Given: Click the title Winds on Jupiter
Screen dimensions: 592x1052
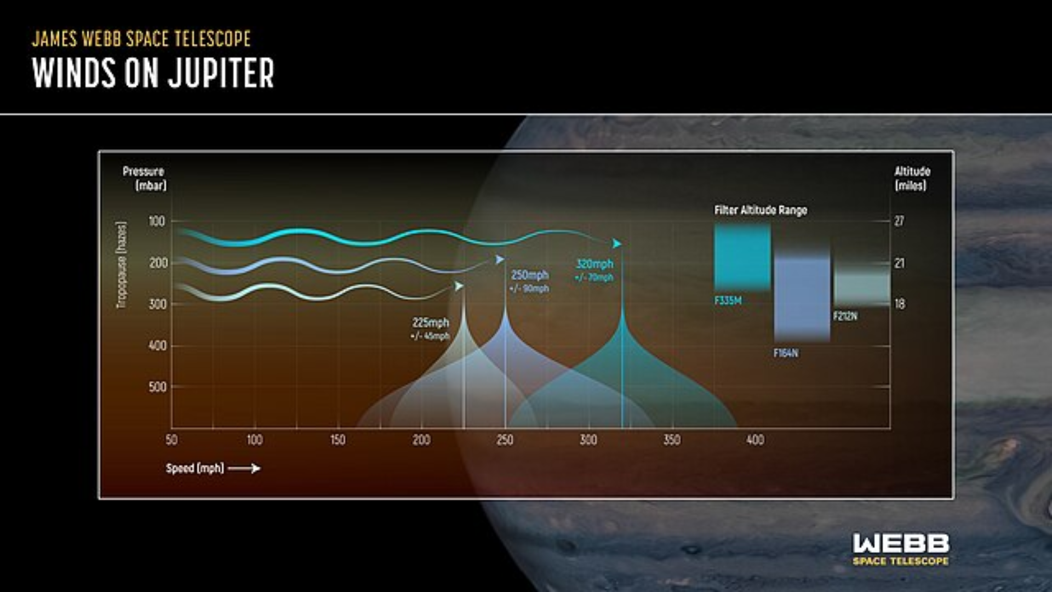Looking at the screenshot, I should click(153, 73).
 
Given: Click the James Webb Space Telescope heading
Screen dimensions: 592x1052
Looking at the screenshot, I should click(141, 39).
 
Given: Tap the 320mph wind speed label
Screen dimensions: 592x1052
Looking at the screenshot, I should click(594, 264).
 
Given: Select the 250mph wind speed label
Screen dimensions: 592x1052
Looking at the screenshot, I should click(530, 275).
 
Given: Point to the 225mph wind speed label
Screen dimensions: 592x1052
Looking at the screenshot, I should click(431, 323).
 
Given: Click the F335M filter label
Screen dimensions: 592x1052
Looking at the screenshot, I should click(728, 300).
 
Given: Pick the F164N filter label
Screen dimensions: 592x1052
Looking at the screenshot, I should click(786, 353).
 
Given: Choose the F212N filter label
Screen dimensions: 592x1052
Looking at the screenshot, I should click(845, 316).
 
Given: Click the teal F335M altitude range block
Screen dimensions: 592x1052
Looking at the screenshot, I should click(742, 257).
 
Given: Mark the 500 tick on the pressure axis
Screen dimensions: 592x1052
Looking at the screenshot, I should click(157, 387).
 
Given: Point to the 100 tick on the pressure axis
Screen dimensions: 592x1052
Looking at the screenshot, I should click(157, 221).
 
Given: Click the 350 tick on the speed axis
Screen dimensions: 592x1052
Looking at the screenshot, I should click(672, 440).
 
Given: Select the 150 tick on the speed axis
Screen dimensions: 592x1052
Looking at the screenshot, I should click(338, 440).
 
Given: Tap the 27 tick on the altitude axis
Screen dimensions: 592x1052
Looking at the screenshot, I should click(899, 221).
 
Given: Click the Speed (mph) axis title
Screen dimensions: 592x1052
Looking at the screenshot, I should click(195, 468).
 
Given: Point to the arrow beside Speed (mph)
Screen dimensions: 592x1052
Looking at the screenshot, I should click(244, 468).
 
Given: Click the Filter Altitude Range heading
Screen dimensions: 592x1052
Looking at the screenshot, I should click(761, 210).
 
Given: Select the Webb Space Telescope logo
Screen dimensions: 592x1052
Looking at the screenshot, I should click(901, 549).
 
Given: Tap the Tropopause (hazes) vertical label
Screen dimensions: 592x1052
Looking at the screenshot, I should click(121, 265).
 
